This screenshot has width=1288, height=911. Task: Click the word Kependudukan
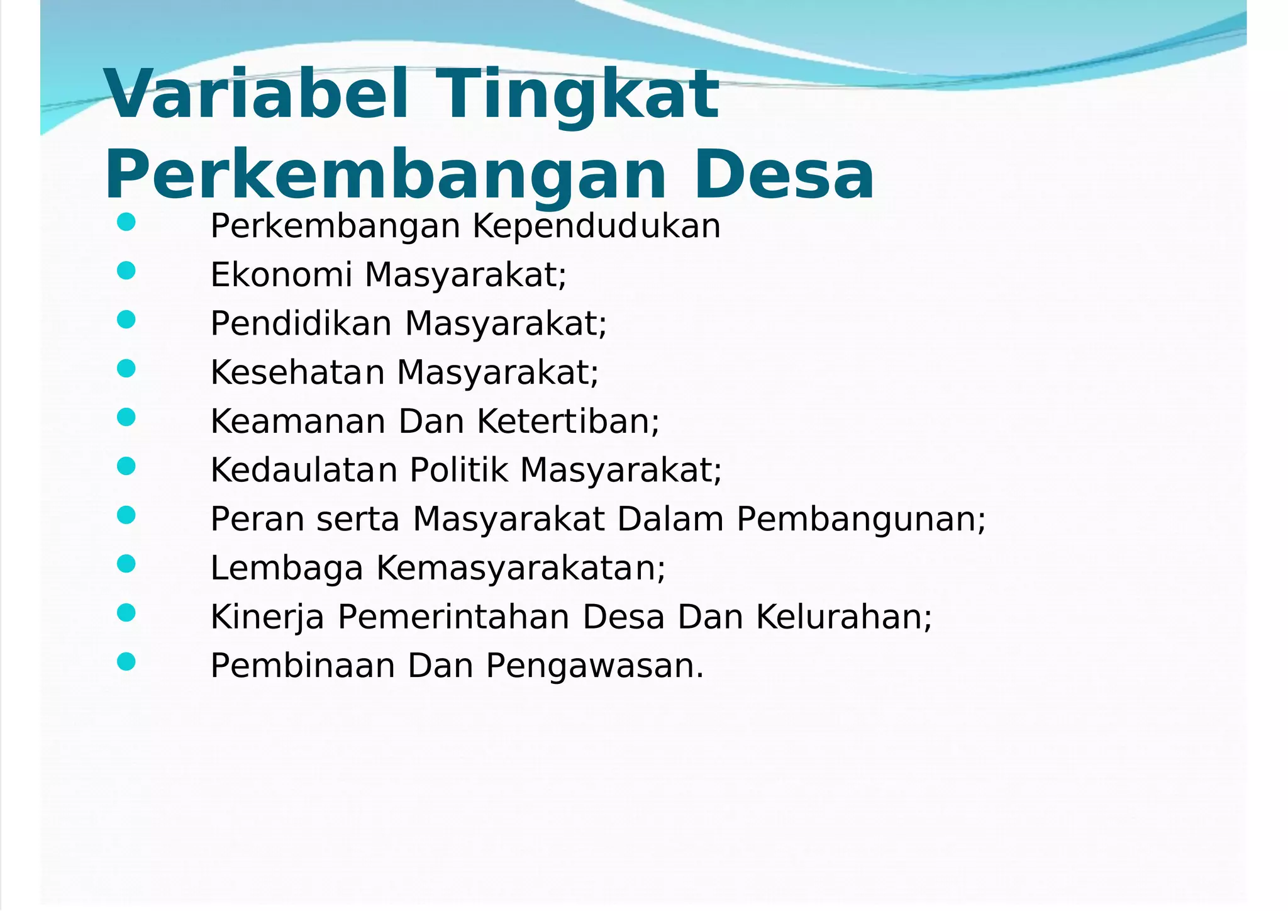point(596,226)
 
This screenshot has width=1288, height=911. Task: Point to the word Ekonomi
point(280,275)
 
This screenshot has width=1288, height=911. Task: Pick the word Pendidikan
point(301,324)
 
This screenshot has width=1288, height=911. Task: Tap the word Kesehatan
point(297,372)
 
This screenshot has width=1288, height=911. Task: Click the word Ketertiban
point(568,422)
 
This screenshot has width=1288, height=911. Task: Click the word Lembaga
point(287,568)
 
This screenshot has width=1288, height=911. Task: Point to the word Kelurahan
point(843,617)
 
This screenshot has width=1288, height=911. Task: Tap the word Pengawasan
point(595,666)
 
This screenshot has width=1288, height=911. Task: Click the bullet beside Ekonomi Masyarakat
point(126,271)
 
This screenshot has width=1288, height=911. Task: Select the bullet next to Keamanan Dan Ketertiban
point(126,418)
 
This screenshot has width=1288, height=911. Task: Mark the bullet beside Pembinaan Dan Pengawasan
point(126,662)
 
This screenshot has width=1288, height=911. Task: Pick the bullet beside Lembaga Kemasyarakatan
point(126,564)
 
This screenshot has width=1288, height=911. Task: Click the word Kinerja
point(267,617)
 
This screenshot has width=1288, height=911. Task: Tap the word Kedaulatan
point(304,470)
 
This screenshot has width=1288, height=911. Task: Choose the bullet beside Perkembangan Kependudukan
point(126,222)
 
